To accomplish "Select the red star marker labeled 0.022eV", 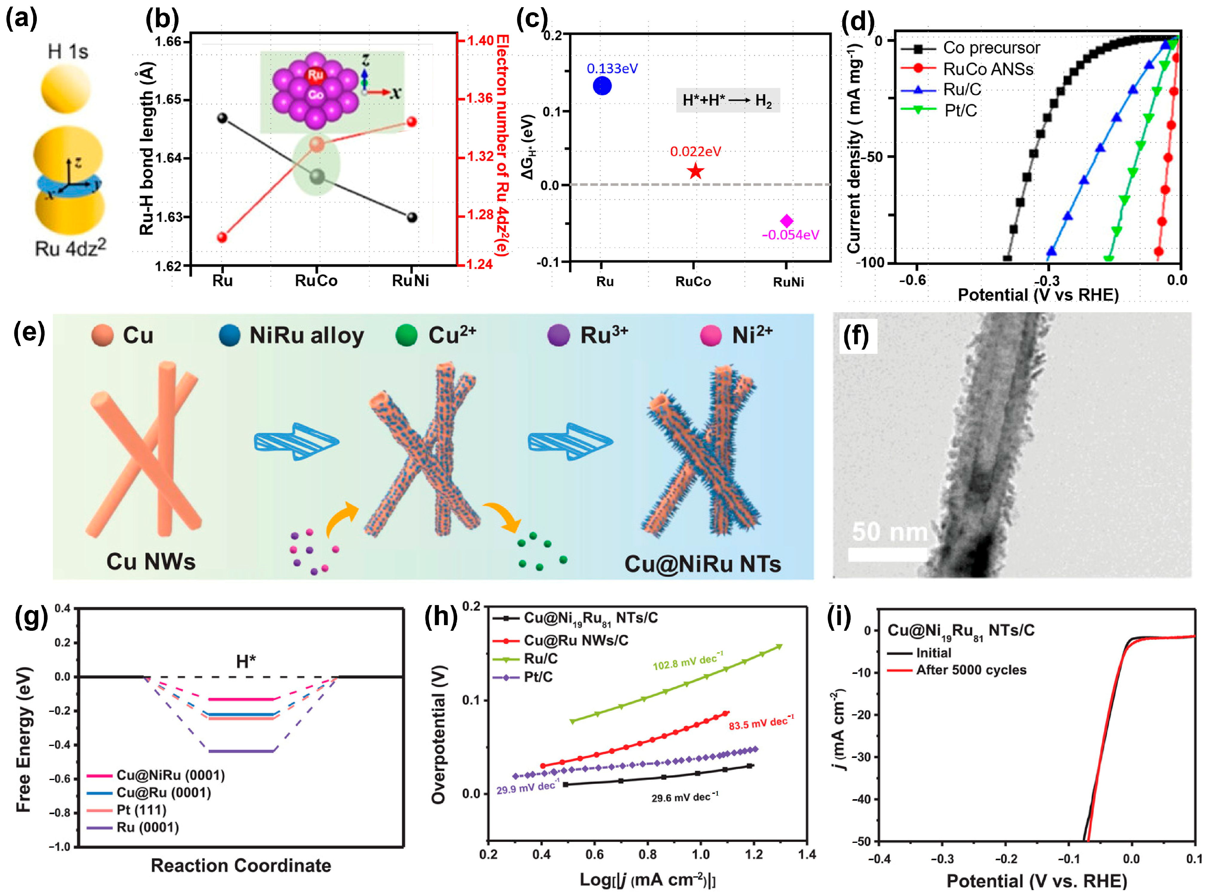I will click(695, 172).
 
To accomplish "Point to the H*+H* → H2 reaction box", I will click(728, 100).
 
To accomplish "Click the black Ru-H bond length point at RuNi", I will click(412, 217).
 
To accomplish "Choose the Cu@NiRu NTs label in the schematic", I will click(702, 564).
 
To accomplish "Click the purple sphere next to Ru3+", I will click(558, 335).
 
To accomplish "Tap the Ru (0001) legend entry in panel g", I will click(147, 827).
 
